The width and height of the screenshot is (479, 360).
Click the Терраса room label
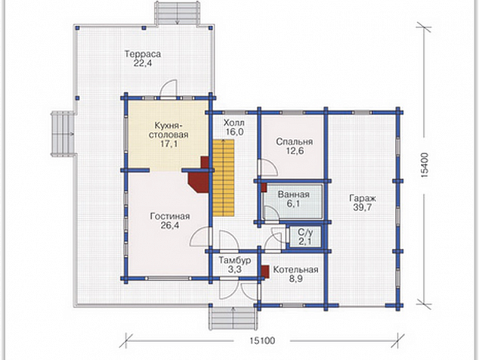point(143,54)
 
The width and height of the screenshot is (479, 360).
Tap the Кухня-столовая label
point(168,130)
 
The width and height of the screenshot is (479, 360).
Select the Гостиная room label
point(170,216)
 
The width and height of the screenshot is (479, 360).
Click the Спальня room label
point(295,142)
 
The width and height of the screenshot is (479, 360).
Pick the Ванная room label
point(293,194)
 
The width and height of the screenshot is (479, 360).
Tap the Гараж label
point(363,198)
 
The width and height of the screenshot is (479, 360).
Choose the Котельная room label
point(295,270)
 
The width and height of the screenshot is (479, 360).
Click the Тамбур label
point(235,260)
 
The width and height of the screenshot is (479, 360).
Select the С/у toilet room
point(305,237)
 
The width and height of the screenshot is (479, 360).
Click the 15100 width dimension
point(262,340)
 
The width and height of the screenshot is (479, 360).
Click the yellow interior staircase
point(224,178)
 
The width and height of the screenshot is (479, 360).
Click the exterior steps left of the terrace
point(63,135)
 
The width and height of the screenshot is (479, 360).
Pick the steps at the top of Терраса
point(178,14)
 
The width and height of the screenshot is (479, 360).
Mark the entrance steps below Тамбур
point(232,318)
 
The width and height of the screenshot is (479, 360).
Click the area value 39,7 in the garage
point(363,207)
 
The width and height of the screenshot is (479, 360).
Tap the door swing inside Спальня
point(268,168)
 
